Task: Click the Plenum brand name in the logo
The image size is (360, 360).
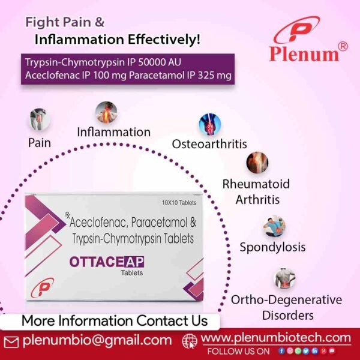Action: pos(304,53)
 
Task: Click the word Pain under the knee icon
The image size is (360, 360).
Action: pos(40,143)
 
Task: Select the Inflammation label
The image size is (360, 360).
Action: pos(113,132)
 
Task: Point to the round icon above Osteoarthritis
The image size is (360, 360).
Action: pos(210,124)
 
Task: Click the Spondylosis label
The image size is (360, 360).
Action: pos(272,247)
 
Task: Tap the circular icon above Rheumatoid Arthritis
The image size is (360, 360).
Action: pos(257,163)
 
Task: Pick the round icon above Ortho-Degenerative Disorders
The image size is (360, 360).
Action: pos(285,278)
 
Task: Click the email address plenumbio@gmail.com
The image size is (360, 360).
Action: pos(97,340)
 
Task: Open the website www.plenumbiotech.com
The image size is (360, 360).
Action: pos(276,338)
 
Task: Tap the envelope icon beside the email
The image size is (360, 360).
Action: pos(11,341)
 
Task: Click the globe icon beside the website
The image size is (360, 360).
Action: pos(190,340)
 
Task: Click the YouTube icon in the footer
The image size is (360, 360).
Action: pos(331,351)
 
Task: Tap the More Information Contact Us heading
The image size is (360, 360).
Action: pos(114,320)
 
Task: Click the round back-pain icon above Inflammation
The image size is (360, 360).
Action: pos(106,112)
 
